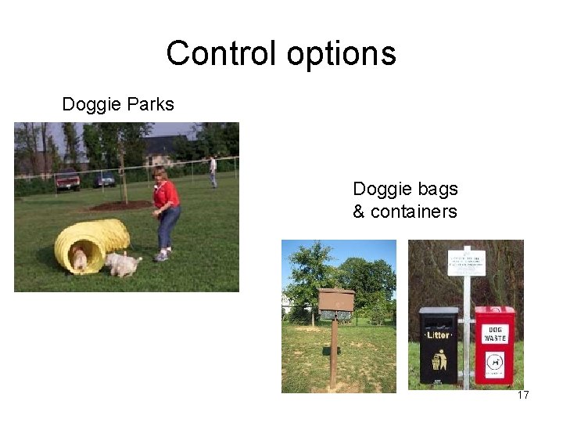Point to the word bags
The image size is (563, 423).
pyautogui.click(x=438, y=189)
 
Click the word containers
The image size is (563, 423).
pyautogui.click(x=414, y=211)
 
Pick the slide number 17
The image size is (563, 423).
pyautogui.click(x=523, y=395)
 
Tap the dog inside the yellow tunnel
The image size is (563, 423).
pyautogui.click(x=79, y=258)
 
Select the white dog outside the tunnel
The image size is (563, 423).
pyautogui.click(x=122, y=263)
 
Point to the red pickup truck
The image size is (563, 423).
pyautogui.click(x=67, y=181)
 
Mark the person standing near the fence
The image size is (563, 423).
pyautogui.click(x=213, y=171)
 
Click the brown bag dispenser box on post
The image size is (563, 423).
pyautogui.click(x=336, y=302)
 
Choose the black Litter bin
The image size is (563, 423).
pyautogui.click(x=439, y=345)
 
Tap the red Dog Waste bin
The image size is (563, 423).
pyautogui.click(x=495, y=345)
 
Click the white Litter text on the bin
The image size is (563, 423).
pyautogui.click(x=439, y=334)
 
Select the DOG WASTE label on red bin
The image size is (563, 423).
pyautogui.click(x=495, y=334)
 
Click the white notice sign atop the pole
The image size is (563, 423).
pyautogui.click(x=466, y=262)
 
